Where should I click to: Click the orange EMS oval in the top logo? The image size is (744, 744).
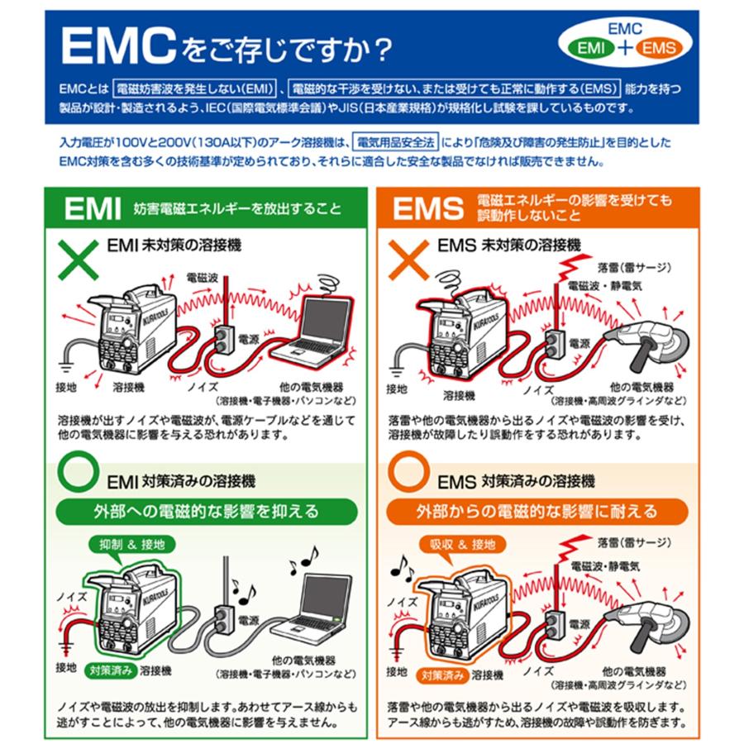tap(659, 48)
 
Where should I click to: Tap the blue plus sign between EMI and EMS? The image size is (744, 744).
tap(625, 48)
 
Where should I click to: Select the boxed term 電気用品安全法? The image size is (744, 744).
tap(395, 143)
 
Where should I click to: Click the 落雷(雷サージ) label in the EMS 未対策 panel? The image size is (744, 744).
tap(634, 267)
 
